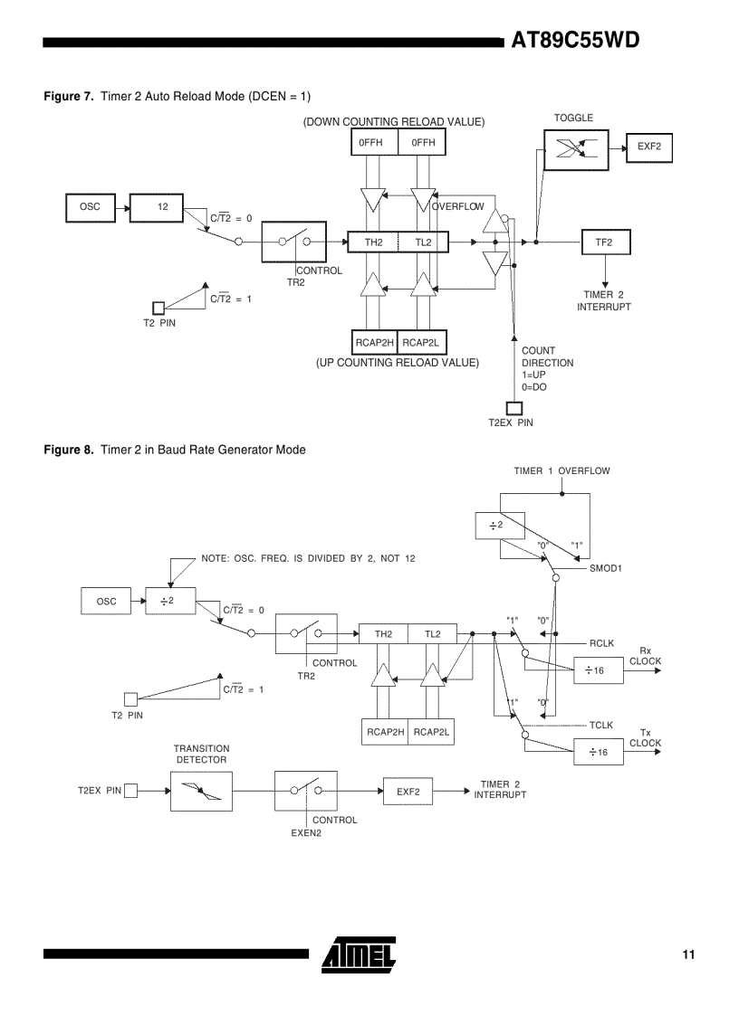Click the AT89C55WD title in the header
(575, 41)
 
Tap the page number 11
(689, 954)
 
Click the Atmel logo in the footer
(359, 954)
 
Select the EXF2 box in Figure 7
(648, 146)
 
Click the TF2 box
(604, 242)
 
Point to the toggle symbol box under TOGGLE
(576, 149)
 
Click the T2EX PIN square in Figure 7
(513, 408)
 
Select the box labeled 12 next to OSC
(157, 207)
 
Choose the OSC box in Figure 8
(107, 601)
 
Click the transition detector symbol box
(201, 792)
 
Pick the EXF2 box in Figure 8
(408, 792)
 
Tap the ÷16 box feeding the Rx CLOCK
(598, 669)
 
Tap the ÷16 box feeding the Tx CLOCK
(598, 752)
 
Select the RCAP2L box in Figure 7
(422, 343)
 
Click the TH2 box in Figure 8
(383, 634)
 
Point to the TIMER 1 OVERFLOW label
(561, 470)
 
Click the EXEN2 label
(306, 833)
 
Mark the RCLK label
(601, 643)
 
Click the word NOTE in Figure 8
(216, 558)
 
